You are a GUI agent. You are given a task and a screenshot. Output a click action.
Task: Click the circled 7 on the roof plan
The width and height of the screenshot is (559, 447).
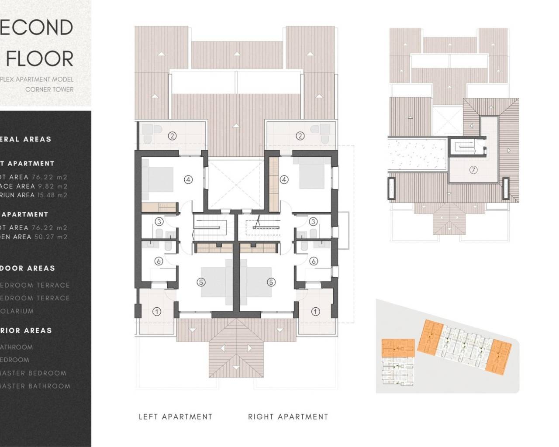tap(473, 170)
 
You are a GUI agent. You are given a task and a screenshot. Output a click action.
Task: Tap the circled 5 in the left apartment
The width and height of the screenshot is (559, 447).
tap(201, 282)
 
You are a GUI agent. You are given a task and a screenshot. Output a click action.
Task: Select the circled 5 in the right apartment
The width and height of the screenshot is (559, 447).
tap(271, 282)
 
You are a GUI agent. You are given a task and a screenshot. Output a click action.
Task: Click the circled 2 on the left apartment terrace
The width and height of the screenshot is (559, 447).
tap(173, 136)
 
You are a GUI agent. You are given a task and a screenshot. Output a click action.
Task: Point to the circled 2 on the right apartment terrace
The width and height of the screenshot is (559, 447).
tap(300, 136)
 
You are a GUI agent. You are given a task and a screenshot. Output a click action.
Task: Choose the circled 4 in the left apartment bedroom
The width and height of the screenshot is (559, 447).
tap(188, 179)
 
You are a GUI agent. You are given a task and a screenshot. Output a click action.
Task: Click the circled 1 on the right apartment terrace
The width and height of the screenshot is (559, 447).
tap(315, 312)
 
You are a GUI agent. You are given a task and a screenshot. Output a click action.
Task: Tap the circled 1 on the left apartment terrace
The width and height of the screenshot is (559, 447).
tap(157, 312)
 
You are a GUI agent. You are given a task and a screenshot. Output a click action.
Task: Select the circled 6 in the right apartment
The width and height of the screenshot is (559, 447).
tap(313, 261)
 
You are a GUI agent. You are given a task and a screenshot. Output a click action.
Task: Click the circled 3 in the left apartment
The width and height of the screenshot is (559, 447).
tap(159, 222)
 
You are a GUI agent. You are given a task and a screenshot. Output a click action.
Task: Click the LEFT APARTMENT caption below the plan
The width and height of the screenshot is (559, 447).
tap(175, 417)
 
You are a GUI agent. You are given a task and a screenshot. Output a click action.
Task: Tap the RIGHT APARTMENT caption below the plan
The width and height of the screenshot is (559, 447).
tap(288, 417)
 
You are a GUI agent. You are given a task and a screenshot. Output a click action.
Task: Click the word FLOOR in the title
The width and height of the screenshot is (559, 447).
tap(40, 59)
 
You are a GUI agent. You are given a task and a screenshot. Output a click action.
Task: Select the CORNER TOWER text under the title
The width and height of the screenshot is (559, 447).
tap(49, 89)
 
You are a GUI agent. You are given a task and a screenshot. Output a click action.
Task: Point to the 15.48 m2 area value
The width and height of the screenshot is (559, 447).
tap(52, 195)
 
